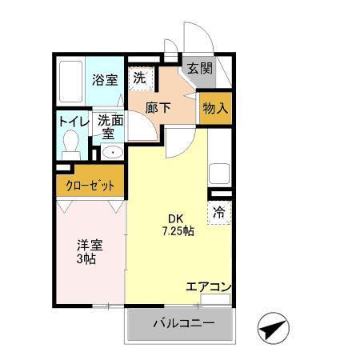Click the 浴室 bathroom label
click(104, 79)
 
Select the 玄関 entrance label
click(200, 69)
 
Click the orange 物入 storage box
click(215, 108)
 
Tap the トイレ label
click(72, 121)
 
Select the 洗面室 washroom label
click(109, 126)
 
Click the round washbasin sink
click(111, 152)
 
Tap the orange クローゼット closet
click(90, 186)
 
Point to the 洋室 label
click(90, 246)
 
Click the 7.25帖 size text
click(176, 232)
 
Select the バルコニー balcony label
click(183, 324)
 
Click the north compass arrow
click(273, 327)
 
